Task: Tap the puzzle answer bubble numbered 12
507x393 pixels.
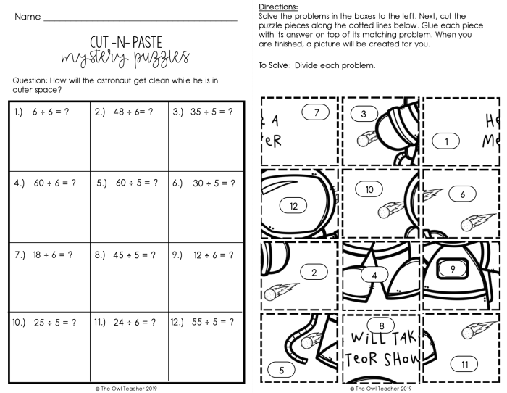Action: point(293,206)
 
